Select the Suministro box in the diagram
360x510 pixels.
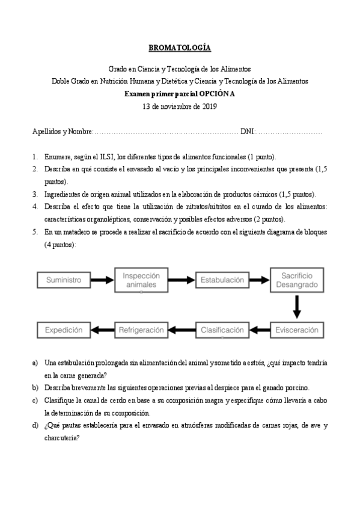[x=63, y=280]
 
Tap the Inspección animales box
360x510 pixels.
[x=141, y=280]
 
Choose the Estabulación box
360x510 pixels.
[x=222, y=280]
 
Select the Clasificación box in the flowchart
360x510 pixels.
[x=222, y=330]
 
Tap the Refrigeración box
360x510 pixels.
[x=141, y=330]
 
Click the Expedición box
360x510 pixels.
[x=63, y=330]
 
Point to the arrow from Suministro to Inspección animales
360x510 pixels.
[x=102, y=280]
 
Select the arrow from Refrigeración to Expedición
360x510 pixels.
[x=102, y=330]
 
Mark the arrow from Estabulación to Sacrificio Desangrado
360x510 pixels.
[x=259, y=280]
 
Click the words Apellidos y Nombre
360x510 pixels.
[x=62, y=131]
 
